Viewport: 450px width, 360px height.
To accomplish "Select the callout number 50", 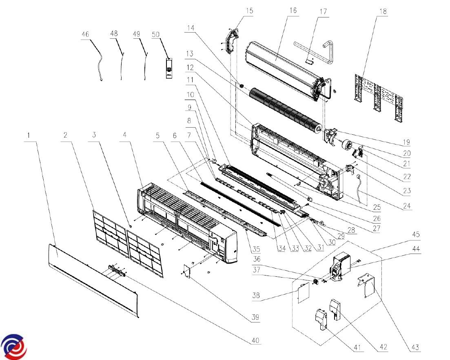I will (155, 35).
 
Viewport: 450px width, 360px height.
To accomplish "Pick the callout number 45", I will (416, 235).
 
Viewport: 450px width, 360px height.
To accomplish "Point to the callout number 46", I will (85, 35).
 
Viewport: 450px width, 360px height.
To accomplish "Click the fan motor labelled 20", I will (348, 144).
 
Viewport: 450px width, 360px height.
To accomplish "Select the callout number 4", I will (124, 136).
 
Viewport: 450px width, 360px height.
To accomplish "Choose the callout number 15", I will (249, 11).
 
